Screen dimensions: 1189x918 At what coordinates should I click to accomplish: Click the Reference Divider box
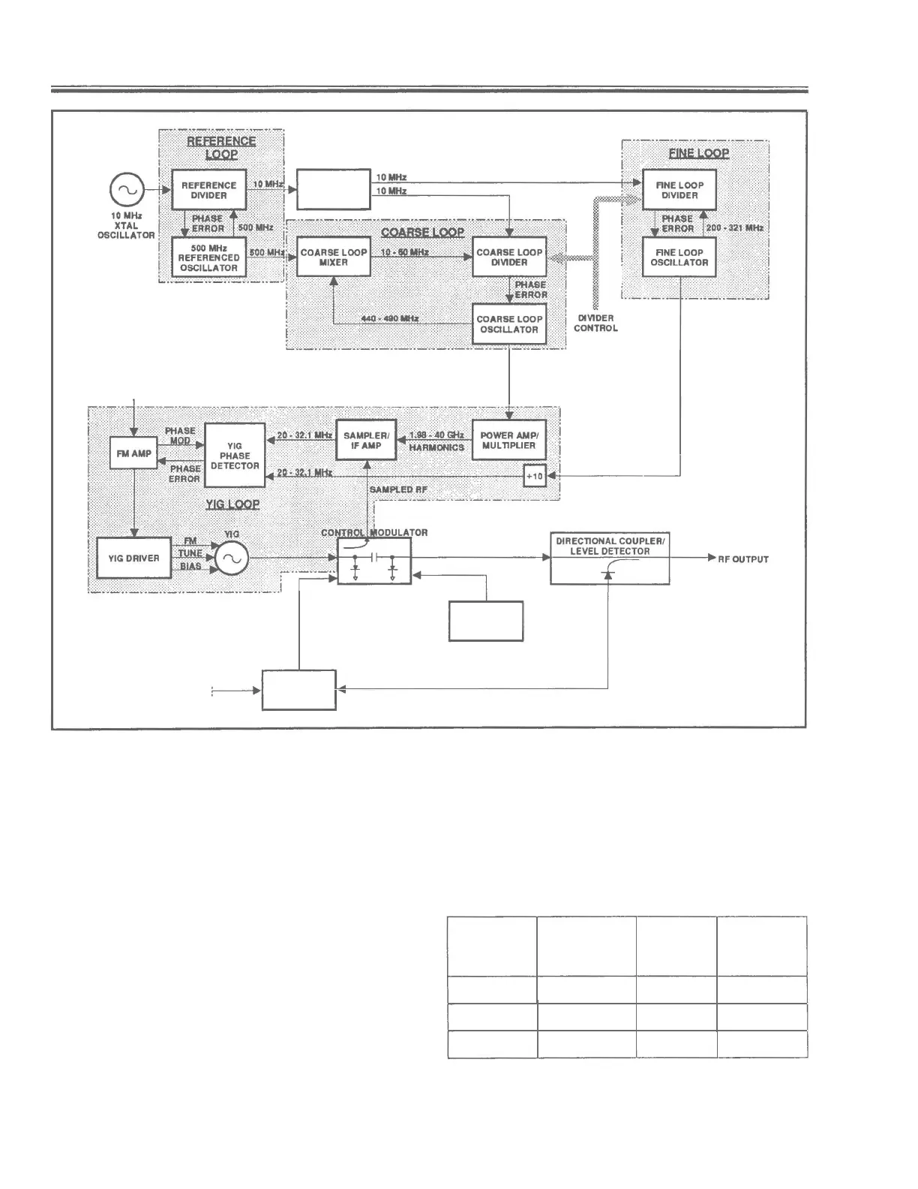tap(208, 191)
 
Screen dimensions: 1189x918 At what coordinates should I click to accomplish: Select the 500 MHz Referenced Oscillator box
tap(208, 257)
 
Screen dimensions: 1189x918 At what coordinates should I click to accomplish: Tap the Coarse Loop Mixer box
tap(334, 257)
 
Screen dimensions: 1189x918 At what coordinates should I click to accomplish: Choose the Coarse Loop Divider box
tap(509, 257)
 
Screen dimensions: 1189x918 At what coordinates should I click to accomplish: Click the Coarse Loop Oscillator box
tap(509, 324)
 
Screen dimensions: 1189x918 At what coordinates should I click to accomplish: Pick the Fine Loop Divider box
tap(679, 191)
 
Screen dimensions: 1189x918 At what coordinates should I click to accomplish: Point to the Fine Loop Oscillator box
tap(679, 257)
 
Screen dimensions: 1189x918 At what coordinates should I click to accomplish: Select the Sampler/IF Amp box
tap(366, 440)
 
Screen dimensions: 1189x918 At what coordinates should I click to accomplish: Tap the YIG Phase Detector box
tap(235, 456)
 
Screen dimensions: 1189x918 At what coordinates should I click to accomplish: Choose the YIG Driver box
tap(133, 558)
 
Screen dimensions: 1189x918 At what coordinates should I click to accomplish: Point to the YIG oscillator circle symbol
tap(232, 558)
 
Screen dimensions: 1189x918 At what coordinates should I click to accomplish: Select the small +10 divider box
tap(535, 476)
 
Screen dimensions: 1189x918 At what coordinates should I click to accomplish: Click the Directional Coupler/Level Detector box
tap(610, 559)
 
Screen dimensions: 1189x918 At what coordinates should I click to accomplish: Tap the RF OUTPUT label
tap(743, 559)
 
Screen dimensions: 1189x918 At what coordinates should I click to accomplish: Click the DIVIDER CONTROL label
tap(596, 323)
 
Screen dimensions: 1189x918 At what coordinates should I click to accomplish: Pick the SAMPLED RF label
tap(398, 489)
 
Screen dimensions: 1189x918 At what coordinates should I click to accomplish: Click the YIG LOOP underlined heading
tap(232, 504)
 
